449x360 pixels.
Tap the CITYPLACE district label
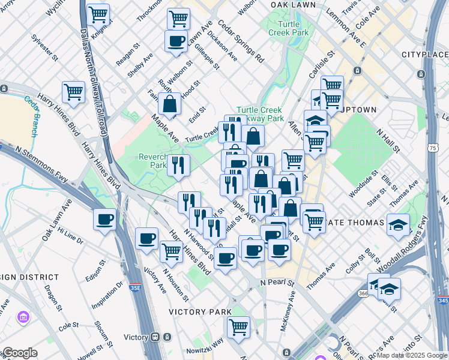425,55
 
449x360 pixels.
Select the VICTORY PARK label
200,312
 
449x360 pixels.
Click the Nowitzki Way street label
207,342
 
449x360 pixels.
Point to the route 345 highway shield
443,299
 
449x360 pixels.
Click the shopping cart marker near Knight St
98,13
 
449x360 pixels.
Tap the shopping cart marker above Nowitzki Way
238,327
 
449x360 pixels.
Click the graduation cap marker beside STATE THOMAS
399,224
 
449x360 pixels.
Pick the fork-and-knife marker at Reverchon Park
178,165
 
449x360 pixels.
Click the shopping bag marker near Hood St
170,103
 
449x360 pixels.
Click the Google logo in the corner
19,353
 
